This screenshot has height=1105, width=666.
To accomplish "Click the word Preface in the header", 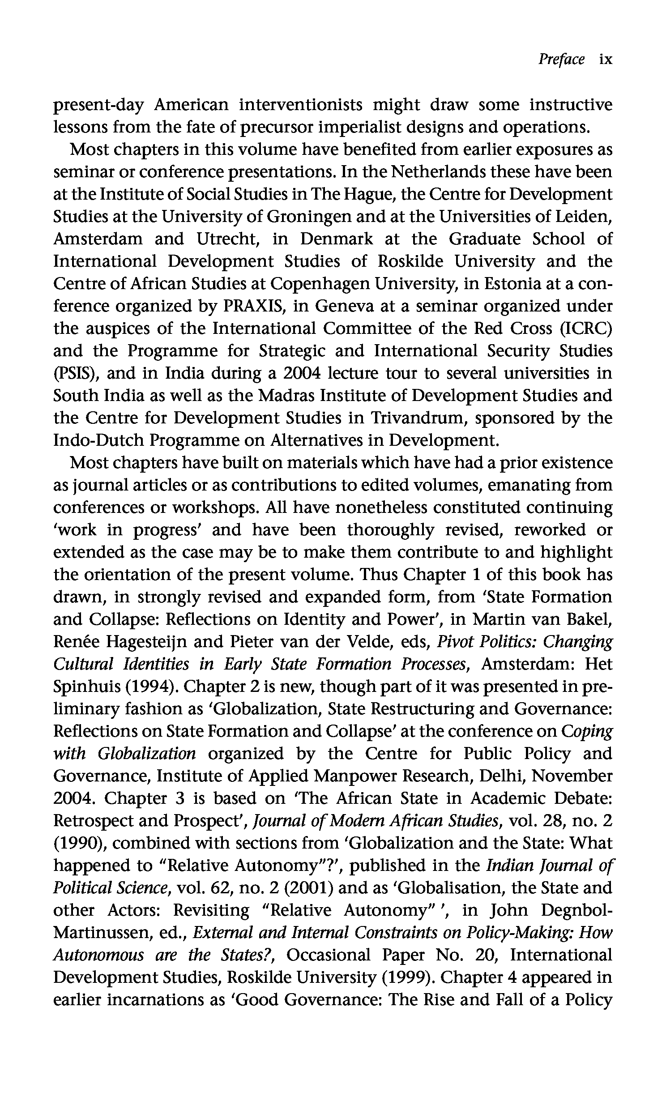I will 562,59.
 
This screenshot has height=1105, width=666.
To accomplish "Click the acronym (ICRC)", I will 586,329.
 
